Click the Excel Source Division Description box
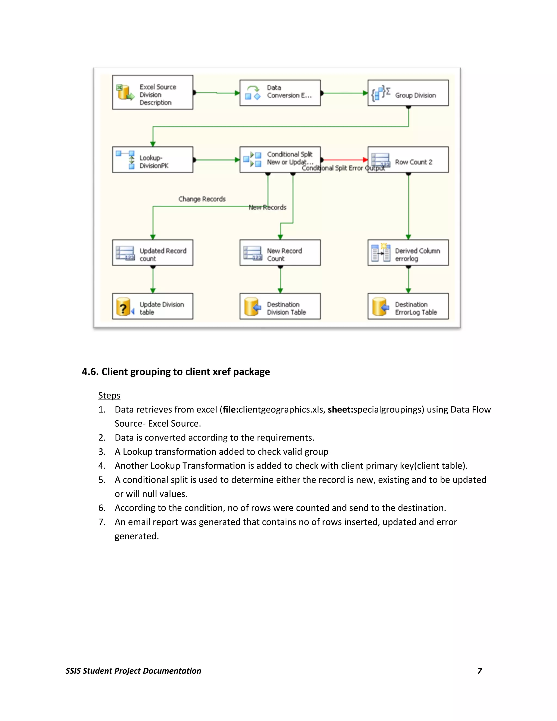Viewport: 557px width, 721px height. pos(153,93)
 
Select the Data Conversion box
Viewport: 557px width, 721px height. pos(280,93)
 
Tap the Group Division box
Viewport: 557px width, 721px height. pos(408,93)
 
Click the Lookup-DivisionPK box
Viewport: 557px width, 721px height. pos(153,160)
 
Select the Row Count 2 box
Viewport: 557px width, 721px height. pos(408,160)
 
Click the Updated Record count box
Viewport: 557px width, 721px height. pos(153,252)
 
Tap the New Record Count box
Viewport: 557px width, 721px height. pos(280,252)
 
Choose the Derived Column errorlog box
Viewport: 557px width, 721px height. pos(408,252)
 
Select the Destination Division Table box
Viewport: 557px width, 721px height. pos(280,306)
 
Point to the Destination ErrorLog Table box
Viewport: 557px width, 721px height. pos(408,306)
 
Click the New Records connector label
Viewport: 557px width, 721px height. pos(267,207)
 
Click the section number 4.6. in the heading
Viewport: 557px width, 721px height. pos(90,372)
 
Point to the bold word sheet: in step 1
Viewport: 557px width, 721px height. pos(340,410)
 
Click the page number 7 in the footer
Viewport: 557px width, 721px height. pos(479,671)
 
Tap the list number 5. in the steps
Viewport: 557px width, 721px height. pos(102,480)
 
